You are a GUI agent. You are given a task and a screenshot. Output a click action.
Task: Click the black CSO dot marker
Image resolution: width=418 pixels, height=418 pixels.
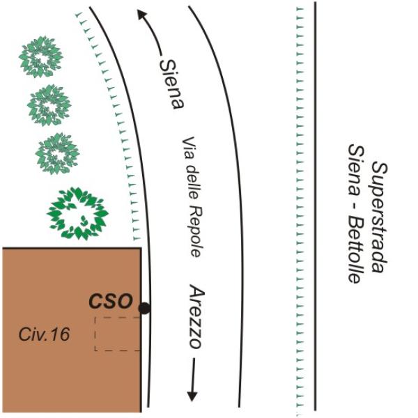(144, 308)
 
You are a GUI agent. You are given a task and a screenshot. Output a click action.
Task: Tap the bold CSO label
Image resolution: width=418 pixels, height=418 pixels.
(110, 302)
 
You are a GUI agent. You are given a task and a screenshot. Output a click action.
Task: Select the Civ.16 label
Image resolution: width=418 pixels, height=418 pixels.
(44, 334)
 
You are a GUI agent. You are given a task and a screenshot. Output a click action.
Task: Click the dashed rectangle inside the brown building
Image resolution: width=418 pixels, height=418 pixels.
(117, 334)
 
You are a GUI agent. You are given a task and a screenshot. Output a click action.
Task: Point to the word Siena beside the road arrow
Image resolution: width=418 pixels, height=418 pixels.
(171, 82)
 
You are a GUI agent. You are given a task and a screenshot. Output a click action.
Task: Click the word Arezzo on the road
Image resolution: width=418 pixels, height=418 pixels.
(197, 317)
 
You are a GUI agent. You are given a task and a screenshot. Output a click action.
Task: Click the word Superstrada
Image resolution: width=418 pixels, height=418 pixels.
(379, 212)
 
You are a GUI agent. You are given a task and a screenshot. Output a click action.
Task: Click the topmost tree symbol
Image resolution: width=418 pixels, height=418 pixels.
(40, 56)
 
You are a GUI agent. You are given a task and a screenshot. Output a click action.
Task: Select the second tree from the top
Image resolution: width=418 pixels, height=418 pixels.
(49, 104)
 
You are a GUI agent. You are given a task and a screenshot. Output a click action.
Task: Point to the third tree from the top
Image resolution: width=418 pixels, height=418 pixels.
(57, 153)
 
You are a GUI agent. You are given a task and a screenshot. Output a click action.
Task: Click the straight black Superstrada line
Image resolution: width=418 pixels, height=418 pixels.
(315, 209)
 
